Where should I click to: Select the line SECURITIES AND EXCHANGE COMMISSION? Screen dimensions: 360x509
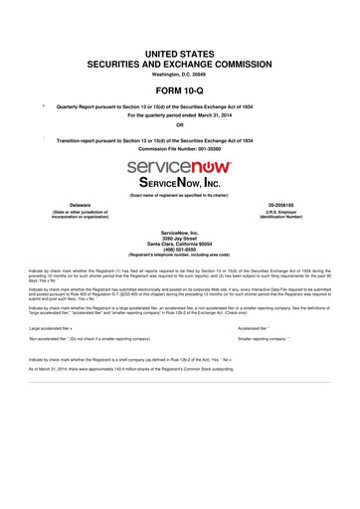[x=180, y=62]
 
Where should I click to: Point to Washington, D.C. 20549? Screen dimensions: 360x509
[x=180, y=74]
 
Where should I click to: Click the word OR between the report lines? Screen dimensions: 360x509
[x=180, y=124]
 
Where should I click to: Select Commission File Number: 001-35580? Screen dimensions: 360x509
[x=180, y=149]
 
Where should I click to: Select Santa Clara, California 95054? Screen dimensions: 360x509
[x=180, y=247]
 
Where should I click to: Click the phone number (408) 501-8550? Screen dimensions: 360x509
[x=180, y=253]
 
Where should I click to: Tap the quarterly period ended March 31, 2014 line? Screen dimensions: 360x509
[x=180, y=114]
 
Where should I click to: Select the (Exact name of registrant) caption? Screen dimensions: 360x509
[x=180, y=195]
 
